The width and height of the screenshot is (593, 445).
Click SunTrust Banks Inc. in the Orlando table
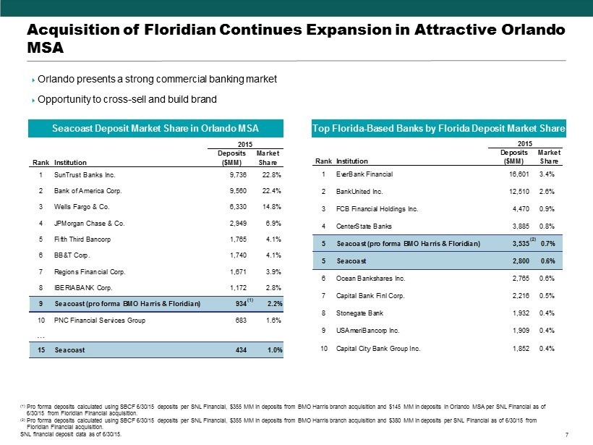[x=85, y=174]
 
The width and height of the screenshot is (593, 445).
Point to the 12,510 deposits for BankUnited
[x=516, y=192]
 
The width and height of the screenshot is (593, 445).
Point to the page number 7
[x=563, y=435]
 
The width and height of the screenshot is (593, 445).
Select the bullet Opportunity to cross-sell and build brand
[x=127, y=99]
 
